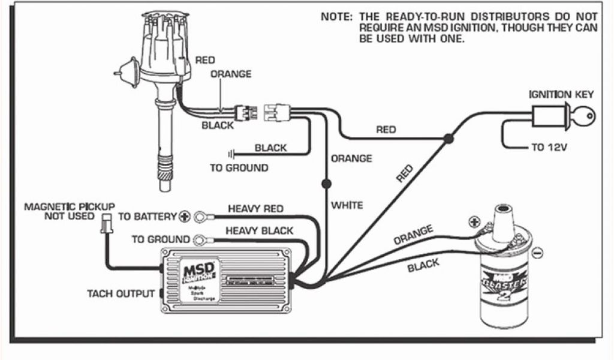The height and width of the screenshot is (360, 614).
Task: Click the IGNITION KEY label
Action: coord(561,94)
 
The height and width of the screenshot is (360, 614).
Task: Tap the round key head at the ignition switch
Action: coord(585,114)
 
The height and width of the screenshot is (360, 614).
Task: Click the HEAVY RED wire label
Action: coord(255,208)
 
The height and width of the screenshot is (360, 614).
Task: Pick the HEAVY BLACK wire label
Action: coord(259,230)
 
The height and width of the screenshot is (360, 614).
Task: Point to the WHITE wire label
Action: coord(347,205)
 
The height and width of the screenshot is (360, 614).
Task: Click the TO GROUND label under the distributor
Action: coord(239,168)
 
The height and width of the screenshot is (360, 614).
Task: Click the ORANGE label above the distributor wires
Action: coord(231,74)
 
